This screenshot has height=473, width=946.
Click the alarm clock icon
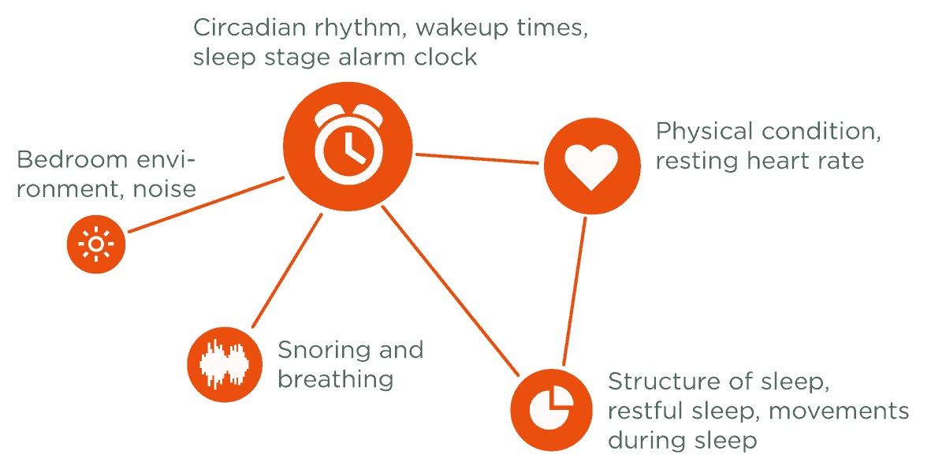point(348,145)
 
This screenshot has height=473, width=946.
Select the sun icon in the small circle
point(95,244)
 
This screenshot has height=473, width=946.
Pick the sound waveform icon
point(224,363)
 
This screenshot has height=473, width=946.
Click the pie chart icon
point(550,408)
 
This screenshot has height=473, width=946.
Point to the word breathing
point(335,379)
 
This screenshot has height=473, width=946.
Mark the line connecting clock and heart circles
point(478,159)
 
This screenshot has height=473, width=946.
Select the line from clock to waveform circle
point(287,270)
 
